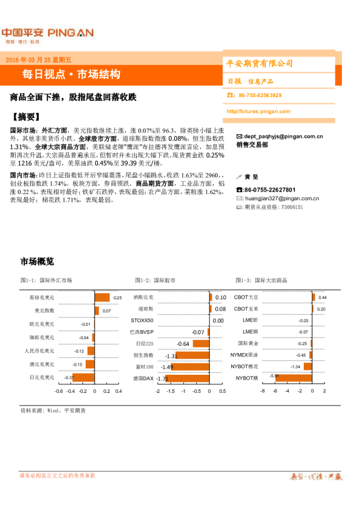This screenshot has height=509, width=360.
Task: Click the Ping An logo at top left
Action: (x=47, y=34)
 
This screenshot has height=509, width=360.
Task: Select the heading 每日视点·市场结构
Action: (x=71, y=74)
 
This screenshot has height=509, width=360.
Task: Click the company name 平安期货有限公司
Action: (x=259, y=63)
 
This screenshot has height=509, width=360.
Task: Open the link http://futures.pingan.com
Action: (x=258, y=111)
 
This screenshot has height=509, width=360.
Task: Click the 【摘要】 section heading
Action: (x=28, y=117)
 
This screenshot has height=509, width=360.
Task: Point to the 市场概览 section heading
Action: (x=38, y=261)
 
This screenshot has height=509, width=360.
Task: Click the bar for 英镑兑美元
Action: (x=102, y=297)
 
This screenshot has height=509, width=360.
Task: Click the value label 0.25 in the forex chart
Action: (x=117, y=297)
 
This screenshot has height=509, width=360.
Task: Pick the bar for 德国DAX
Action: (x=162, y=378)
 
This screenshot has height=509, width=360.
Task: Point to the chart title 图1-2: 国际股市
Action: (x=155, y=280)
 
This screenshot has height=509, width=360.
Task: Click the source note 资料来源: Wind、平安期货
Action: (x=53, y=410)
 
